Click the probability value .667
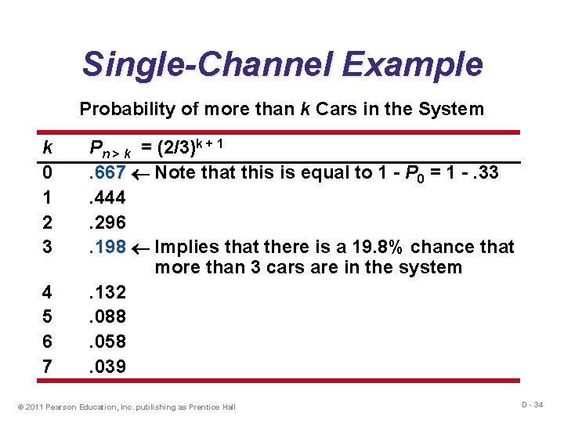tap(107, 172)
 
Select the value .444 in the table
tap(107, 197)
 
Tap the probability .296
tap(107, 222)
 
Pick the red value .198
tap(107, 248)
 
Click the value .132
tap(107, 293)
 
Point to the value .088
tap(107, 317)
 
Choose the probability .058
tap(107, 342)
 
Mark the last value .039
tap(107, 367)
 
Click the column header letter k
tap(47, 147)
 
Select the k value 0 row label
tap(47, 172)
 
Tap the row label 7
tap(47, 367)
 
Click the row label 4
tap(47, 293)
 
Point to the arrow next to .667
tap(140, 172)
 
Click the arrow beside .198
tap(140, 248)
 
